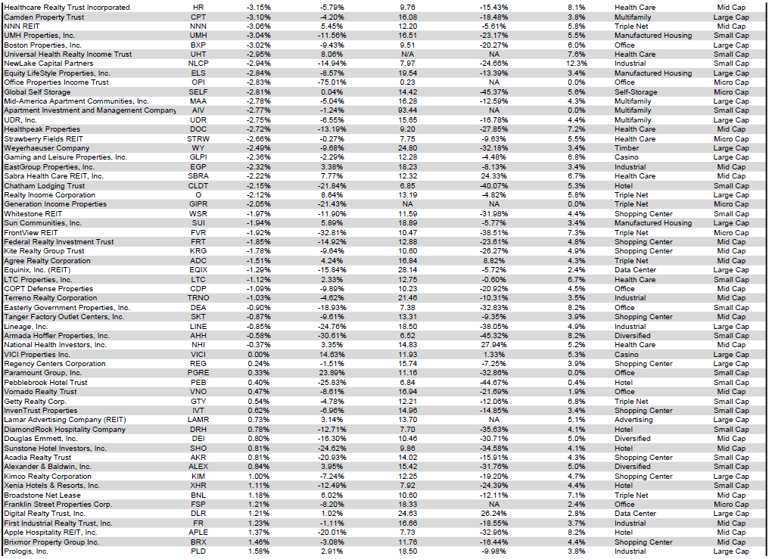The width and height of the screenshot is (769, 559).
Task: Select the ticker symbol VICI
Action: [x=198, y=354]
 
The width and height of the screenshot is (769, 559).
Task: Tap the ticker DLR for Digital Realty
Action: [x=198, y=514]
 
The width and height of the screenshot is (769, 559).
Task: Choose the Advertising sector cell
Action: [x=633, y=420]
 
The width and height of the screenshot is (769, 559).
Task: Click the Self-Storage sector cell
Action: [x=635, y=92]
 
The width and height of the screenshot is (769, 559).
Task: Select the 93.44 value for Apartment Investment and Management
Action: [x=407, y=110]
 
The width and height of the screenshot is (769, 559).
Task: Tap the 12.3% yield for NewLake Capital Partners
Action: [x=576, y=64]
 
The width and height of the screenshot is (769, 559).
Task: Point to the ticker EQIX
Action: [x=198, y=270]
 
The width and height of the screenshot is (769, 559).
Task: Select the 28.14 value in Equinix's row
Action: [x=407, y=270]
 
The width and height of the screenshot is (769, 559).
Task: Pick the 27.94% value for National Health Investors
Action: [x=494, y=345]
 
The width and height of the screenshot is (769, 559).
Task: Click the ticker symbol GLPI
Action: [x=198, y=157]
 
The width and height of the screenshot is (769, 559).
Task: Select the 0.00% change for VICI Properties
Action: [x=259, y=354]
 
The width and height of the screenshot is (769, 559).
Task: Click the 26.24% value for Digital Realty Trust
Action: [x=494, y=514]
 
